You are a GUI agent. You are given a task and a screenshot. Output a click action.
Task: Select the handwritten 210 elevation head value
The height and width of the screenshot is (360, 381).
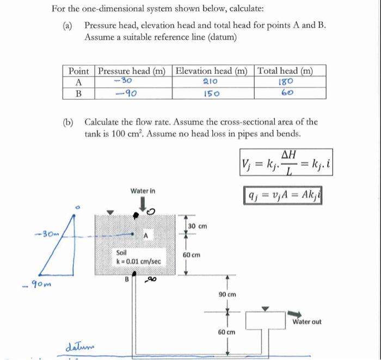point(210,82)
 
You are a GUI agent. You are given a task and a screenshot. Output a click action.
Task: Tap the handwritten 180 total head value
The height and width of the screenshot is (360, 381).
point(286,82)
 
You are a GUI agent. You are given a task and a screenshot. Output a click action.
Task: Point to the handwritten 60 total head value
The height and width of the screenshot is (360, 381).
point(287,93)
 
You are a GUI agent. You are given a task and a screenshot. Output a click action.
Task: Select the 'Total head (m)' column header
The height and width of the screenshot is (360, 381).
point(292,71)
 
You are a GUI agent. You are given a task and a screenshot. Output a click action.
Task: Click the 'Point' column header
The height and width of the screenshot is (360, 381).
point(79,71)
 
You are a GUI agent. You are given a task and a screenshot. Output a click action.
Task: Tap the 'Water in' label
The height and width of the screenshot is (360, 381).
point(143,191)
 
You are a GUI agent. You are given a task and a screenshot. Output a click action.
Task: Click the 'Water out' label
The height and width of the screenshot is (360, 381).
point(307,322)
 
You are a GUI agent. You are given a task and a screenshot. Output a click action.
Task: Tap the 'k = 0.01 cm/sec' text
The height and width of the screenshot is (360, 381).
point(139,262)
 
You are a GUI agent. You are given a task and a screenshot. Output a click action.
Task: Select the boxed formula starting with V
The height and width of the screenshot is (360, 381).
point(284,163)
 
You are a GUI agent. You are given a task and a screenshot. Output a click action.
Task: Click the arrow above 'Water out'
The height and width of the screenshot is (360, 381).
point(297,313)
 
